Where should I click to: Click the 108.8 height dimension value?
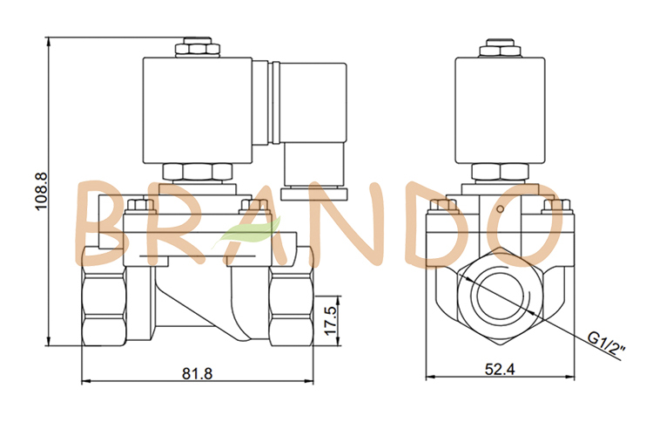(x=37, y=197)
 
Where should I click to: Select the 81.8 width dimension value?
(x=198, y=372)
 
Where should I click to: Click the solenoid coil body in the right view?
(x=501, y=108)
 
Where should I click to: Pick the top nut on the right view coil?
(x=501, y=47)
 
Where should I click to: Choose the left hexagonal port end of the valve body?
(x=103, y=304)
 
